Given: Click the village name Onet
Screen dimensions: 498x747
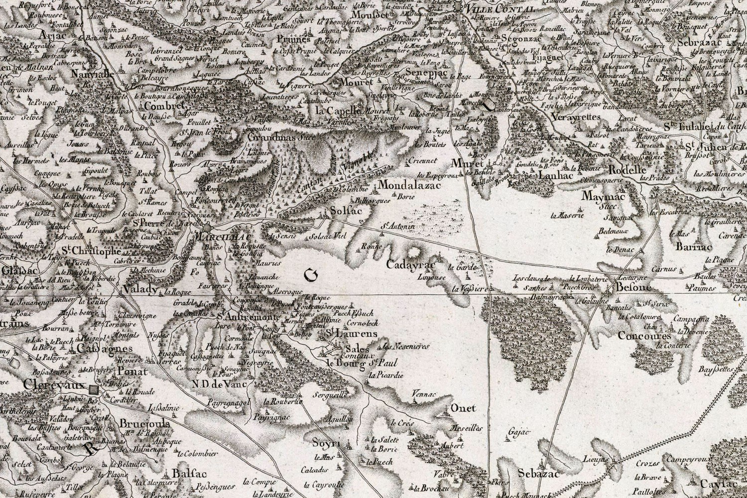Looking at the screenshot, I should [x=463, y=408].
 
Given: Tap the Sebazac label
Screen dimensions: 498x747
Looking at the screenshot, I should [x=538, y=474].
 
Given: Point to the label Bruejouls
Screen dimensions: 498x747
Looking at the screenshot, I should [x=144, y=423].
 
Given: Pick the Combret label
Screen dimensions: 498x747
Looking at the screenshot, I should [x=164, y=106].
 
